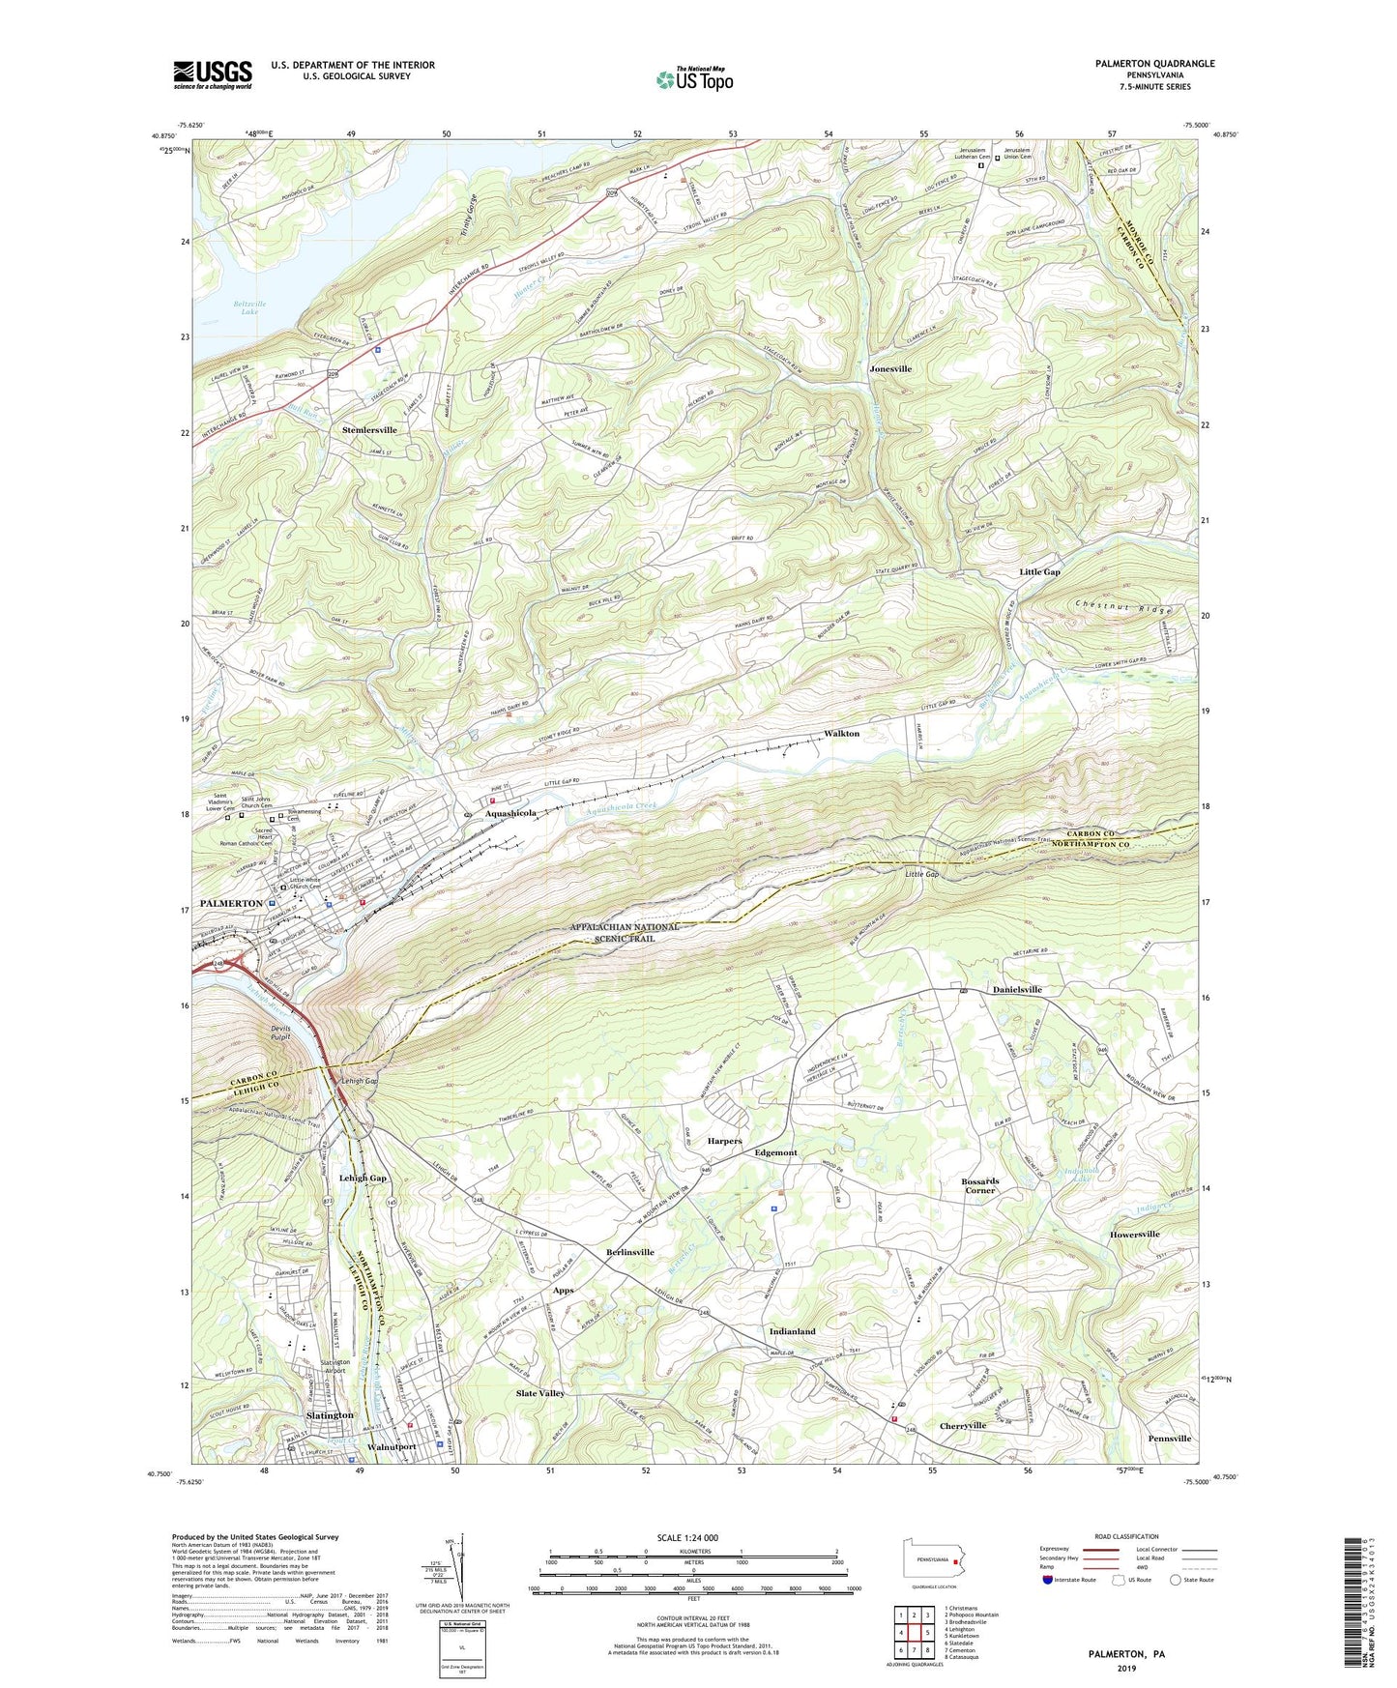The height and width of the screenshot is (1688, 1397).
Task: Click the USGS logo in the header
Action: (213, 74)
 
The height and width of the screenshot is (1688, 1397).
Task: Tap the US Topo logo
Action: (692, 79)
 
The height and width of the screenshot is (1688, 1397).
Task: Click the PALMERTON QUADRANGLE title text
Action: (1154, 64)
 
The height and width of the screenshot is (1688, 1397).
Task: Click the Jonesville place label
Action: (889, 368)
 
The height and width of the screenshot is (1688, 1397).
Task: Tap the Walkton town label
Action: (841, 734)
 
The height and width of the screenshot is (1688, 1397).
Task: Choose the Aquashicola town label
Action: (510, 814)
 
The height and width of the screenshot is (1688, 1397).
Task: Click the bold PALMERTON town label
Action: (231, 903)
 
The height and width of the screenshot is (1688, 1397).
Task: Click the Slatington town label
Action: (330, 1415)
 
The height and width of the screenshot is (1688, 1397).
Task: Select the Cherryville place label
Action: (963, 1426)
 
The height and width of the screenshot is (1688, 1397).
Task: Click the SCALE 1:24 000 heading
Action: (691, 1538)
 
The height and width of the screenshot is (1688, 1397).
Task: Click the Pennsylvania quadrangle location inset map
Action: (932, 1560)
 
